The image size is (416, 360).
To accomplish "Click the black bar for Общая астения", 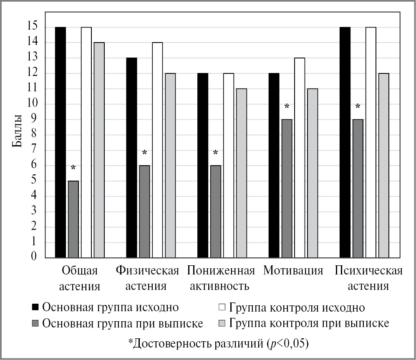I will pyautogui.click(x=61, y=142).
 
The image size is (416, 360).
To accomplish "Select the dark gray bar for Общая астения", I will pyautogui.click(x=73, y=219).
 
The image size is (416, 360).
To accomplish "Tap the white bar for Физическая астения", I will pyautogui.click(x=157, y=150).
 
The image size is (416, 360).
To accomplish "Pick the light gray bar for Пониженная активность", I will pyautogui.click(x=241, y=173).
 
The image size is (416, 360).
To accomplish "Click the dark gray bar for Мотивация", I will pyautogui.click(x=287, y=188).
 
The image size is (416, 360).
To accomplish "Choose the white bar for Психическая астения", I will pyautogui.click(x=371, y=142).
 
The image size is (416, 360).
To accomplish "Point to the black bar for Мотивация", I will pyautogui.click(x=274, y=165).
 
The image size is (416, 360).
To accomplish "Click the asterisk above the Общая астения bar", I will pyautogui.click(x=73, y=168).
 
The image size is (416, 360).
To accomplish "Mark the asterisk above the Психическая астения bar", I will pyautogui.click(x=358, y=107).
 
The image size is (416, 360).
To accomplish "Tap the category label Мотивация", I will pyautogui.click(x=293, y=270).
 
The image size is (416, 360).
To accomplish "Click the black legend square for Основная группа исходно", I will pyautogui.click(x=35, y=308).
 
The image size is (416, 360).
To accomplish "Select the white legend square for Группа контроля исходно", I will pyautogui.click(x=222, y=308).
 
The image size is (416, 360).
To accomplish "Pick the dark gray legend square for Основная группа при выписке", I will pyautogui.click(x=35, y=323).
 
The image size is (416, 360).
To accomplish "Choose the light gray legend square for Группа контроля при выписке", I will pyautogui.click(x=222, y=323).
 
